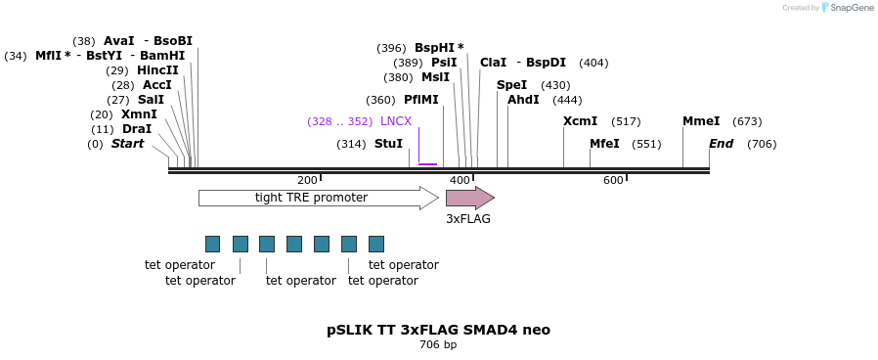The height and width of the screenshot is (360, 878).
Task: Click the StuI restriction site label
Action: [x=388, y=144]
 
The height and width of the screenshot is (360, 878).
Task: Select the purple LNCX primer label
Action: [x=396, y=121]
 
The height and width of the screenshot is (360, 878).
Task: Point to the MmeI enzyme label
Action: [x=701, y=121]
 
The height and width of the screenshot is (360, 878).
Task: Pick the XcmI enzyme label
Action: [x=580, y=121]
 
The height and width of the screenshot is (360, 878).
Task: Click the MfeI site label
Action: [x=604, y=144]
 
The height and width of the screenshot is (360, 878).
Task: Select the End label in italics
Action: [x=721, y=144]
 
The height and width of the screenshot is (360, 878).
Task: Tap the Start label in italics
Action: [x=127, y=144]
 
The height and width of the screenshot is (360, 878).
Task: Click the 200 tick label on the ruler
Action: [x=307, y=181]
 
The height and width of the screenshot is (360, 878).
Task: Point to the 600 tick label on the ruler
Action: [x=613, y=181]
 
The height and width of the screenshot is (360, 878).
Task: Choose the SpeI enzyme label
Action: [x=511, y=85]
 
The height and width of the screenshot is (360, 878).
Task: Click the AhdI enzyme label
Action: [x=523, y=100]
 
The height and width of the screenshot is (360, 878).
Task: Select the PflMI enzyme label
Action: [x=420, y=100]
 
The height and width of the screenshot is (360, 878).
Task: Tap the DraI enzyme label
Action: [x=137, y=129]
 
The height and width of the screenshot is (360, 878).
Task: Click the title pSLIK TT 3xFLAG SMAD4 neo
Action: [x=438, y=330]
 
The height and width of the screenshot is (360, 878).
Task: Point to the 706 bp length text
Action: [x=438, y=345]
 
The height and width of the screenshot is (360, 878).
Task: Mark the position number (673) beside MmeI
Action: [x=747, y=121]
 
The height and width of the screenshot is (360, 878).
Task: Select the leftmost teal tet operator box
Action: [x=212, y=244]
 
